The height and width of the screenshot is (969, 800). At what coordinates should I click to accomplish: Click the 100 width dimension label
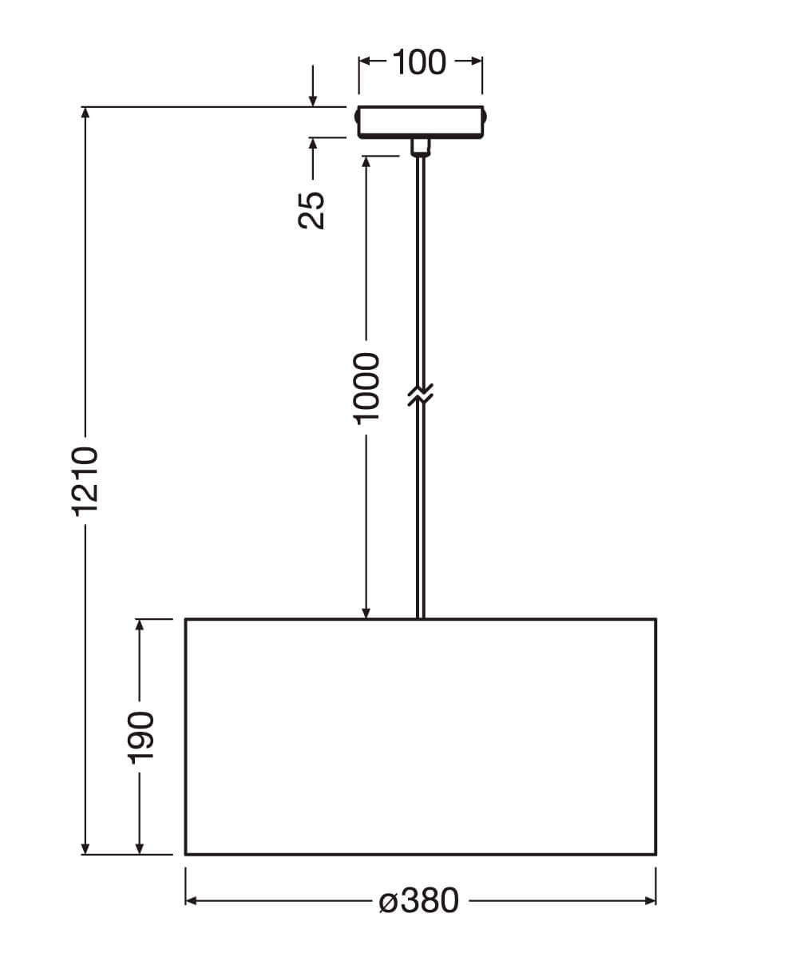point(419,62)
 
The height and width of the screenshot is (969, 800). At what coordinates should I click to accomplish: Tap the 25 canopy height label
point(311,210)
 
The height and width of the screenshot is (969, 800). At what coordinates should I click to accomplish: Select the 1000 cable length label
point(366,388)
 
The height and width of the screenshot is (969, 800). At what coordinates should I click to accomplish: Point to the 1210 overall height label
point(85,481)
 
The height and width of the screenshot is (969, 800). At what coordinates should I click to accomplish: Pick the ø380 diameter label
point(419,901)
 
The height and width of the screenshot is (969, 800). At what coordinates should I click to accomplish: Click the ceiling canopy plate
point(421,122)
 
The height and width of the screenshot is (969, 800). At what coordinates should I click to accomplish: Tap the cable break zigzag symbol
point(421,395)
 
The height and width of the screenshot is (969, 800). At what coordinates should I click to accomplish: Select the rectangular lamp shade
point(421,737)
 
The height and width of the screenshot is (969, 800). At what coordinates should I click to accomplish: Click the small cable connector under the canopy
point(421,147)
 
